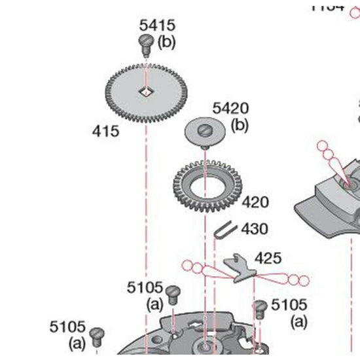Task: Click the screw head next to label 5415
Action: point(145,44)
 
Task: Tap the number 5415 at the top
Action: point(157,26)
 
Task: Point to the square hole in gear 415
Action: point(145,92)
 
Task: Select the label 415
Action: point(105,131)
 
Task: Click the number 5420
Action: point(230,109)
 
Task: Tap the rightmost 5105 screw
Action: point(261,307)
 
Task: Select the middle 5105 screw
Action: point(172,293)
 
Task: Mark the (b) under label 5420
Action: point(240,124)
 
